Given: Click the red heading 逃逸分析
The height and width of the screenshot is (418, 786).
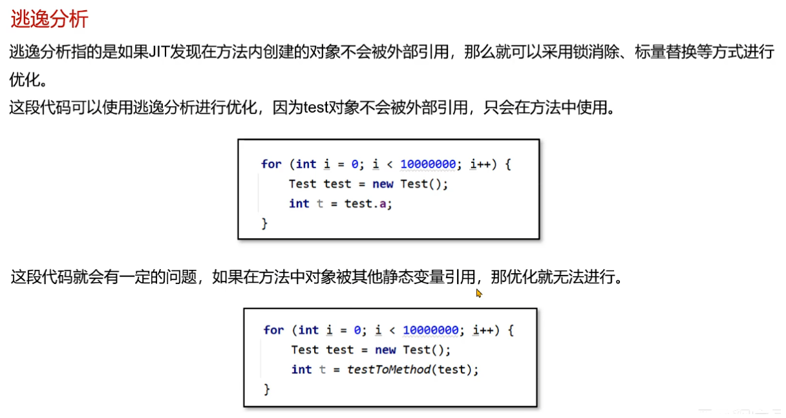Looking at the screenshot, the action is (49, 19).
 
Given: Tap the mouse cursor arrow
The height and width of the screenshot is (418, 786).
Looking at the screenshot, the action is (479, 293).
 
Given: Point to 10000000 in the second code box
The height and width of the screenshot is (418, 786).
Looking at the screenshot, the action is (430, 330).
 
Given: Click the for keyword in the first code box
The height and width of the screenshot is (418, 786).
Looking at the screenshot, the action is (271, 164).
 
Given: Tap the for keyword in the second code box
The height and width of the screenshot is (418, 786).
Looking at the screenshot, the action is (273, 330).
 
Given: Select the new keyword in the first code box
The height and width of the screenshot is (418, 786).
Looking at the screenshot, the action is (383, 184).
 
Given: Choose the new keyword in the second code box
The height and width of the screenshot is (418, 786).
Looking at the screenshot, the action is (385, 350).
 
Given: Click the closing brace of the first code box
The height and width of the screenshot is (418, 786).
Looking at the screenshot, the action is (264, 223).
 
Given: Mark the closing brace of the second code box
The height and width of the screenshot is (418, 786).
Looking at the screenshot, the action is (266, 390).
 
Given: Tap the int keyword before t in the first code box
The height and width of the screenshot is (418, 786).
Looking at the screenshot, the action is (299, 203).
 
